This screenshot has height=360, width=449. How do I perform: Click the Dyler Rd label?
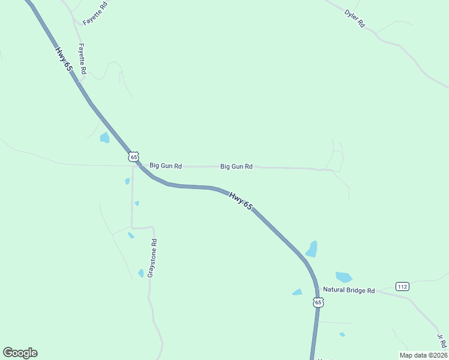pos(354,19)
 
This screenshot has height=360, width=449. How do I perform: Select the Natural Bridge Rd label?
pos(349,290)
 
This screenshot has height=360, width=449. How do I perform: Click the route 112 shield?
pos(402,287)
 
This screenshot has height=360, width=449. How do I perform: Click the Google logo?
pos(20,353)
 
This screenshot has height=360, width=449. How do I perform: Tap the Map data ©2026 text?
pos(423,355)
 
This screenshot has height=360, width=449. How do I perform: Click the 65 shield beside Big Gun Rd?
pos(133,156)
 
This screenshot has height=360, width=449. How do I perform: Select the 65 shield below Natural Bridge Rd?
pos(318,302)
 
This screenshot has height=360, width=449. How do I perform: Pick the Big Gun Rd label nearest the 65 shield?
pos(166,166)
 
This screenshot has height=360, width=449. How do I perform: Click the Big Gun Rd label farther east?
pos(236,166)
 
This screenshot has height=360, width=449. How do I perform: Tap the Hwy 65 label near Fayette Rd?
pos(64,59)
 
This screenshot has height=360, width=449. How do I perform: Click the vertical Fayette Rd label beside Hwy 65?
pos(82,58)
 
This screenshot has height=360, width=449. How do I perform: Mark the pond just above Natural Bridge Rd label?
pos(343,277)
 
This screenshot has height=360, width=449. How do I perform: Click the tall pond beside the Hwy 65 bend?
pos(312,248)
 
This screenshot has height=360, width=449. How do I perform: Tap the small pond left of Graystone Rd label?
pos(141,273)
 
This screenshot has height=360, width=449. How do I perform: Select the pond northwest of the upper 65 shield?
pos(104,138)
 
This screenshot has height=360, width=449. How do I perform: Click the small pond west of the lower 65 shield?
pos(297,292)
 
